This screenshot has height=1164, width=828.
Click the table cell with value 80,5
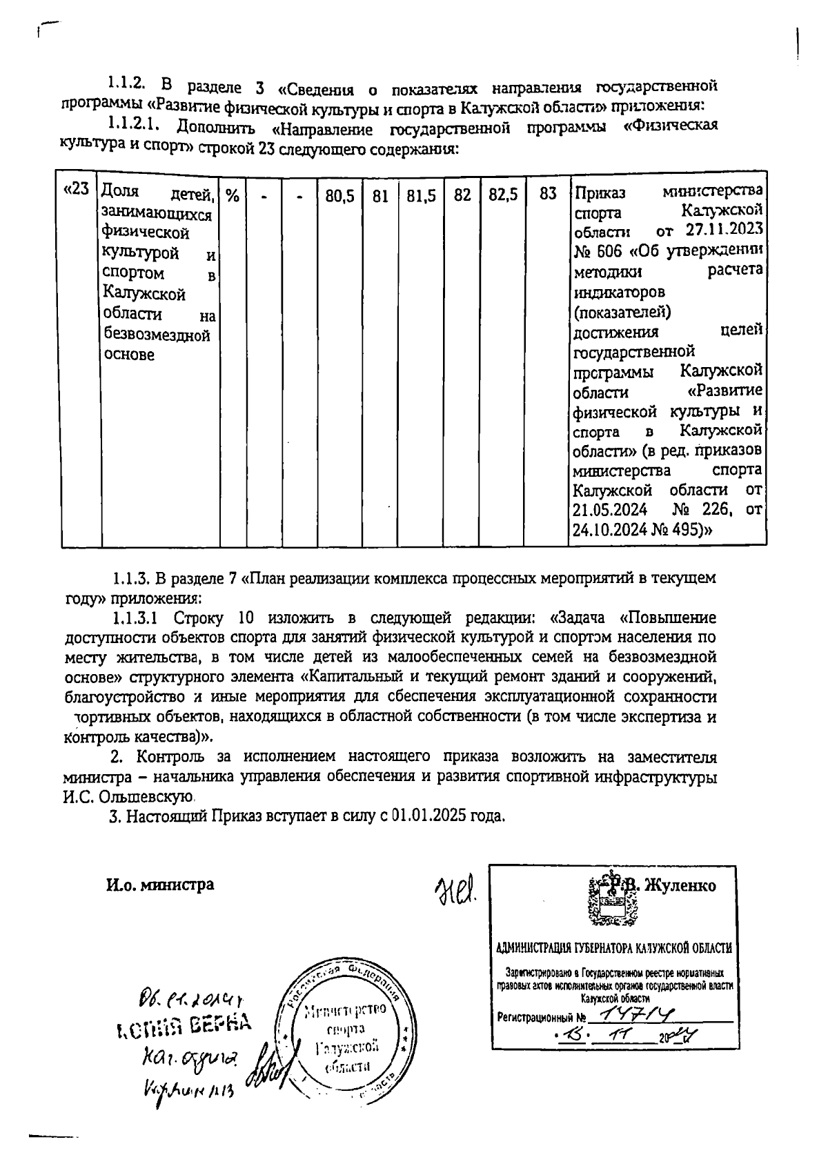(x=339, y=196)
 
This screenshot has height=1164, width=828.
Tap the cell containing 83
(x=548, y=195)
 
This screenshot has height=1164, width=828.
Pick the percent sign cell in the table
(x=233, y=196)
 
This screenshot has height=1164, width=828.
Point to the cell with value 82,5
(x=503, y=196)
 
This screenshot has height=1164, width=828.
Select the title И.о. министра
(x=159, y=885)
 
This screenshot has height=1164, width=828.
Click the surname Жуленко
(x=680, y=885)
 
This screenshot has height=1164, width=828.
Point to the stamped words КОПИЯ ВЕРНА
(x=182, y=1028)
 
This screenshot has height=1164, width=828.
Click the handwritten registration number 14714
(x=635, y=1015)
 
